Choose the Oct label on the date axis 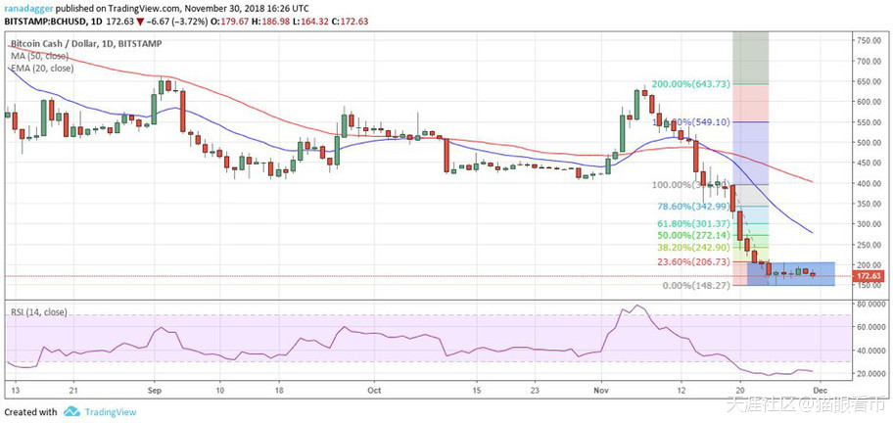[x=372, y=389]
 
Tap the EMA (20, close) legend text [x=41, y=68]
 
